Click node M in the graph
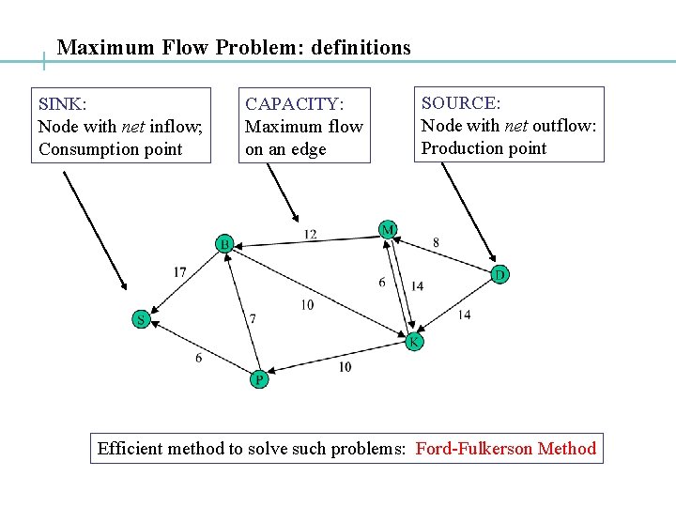click(x=388, y=229)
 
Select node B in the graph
click(x=225, y=244)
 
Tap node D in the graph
click(x=500, y=274)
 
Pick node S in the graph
click(x=141, y=319)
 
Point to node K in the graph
click(x=414, y=343)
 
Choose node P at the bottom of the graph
click(x=259, y=380)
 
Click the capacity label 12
click(x=310, y=234)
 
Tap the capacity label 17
click(x=179, y=272)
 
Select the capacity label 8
click(x=436, y=242)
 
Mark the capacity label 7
click(x=252, y=319)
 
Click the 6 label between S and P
click(x=198, y=358)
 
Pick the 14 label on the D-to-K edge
click(x=464, y=315)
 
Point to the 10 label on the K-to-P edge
click(x=345, y=366)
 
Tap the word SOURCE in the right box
click(x=460, y=102)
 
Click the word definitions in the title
click(x=363, y=47)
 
